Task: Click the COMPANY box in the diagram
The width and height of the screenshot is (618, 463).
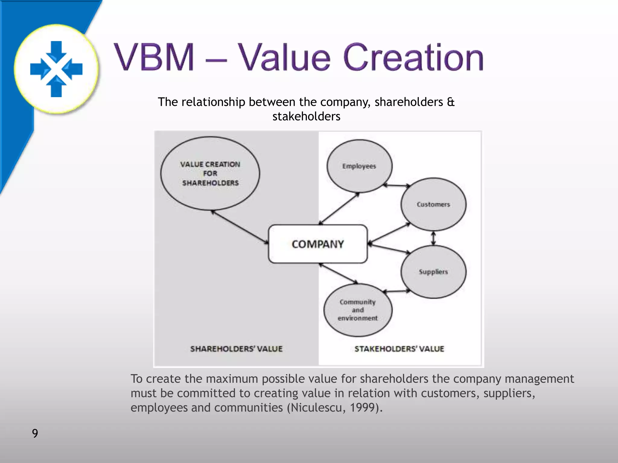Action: pos(318,244)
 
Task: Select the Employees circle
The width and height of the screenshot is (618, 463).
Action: pos(359,166)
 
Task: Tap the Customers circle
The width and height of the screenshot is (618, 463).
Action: pos(433,204)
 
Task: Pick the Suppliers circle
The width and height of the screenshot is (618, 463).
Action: pos(433,272)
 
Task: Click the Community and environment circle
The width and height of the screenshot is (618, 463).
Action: pos(358,310)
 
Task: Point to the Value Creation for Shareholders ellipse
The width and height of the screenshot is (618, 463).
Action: pos(210,173)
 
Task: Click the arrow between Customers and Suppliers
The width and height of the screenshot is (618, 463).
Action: pos(434,238)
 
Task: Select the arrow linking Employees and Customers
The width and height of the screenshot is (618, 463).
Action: pos(397,185)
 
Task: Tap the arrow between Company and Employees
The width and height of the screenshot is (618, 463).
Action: pos(339,209)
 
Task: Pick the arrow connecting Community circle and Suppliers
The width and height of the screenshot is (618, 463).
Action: pos(397,291)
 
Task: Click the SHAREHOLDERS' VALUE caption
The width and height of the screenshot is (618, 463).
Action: pos(236,349)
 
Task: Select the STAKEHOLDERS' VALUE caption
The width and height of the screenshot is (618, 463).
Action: pos(399,349)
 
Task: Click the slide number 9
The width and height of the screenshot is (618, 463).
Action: pos(35,433)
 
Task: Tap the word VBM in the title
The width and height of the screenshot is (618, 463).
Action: pos(154,57)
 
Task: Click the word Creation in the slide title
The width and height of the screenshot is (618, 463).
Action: pos(413,57)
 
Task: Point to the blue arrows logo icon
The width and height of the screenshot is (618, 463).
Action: pos(56,69)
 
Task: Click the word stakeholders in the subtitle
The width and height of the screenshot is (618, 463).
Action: pos(306,116)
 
